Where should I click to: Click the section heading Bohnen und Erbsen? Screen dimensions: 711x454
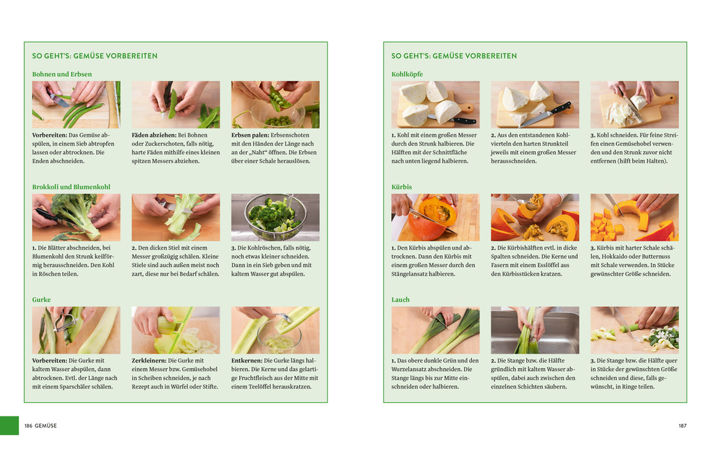click(61, 75)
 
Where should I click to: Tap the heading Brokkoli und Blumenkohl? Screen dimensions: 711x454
click(71, 187)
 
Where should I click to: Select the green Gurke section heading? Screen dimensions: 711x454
click(41, 300)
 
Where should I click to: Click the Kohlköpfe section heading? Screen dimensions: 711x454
click(407, 75)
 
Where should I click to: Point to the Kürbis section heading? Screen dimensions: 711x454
click(402, 187)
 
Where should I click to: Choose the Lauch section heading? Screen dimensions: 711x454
click(400, 300)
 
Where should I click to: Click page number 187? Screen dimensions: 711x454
click(682, 426)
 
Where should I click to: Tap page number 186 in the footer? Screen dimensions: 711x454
click(28, 426)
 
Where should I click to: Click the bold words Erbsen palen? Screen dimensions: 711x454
click(250, 135)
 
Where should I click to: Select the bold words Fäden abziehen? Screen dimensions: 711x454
click(154, 135)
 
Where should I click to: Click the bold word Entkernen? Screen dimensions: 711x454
click(247, 361)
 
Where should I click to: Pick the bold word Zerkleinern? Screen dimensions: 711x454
click(148, 361)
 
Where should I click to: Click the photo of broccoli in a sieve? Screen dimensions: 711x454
click(275, 218)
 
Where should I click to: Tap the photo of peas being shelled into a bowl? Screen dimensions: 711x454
click(275, 105)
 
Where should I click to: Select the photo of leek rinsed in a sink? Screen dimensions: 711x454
click(535, 330)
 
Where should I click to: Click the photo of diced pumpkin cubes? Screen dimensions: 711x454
click(634, 218)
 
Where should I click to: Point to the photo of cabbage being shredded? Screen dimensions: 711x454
click(634, 105)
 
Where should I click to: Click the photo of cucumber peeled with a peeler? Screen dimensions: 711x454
click(76, 330)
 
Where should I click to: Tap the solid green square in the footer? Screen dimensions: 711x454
click(10, 426)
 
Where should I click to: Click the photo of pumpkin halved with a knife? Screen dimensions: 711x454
click(435, 218)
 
